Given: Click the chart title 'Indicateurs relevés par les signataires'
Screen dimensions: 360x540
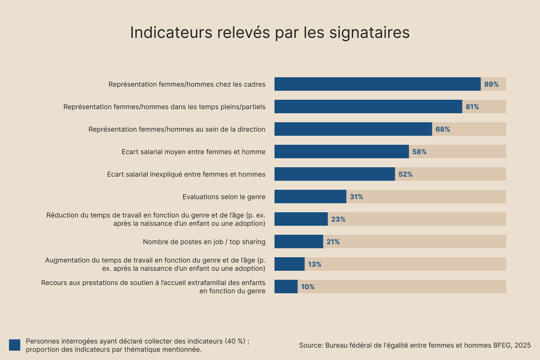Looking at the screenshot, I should pyautogui.click(x=270, y=33).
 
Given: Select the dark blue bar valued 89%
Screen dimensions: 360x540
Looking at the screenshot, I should pyautogui.click(x=377, y=84).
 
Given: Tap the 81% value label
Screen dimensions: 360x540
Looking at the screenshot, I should pyautogui.click(x=472, y=107).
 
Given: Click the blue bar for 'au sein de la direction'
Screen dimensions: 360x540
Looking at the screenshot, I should pyautogui.click(x=353, y=129).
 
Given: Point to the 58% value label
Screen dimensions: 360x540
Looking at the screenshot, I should pyautogui.click(x=419, y=152).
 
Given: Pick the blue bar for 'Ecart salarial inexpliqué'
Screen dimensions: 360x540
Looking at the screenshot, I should pyautogui.click(x=334, y=174).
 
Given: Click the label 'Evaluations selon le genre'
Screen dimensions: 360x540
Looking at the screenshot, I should pyautogui.click(x=224, y=197).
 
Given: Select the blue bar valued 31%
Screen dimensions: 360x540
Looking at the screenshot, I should pyautogui.click(x=310, y=196).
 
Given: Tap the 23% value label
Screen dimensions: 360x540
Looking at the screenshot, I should pyautogui.click(x=338, y=219).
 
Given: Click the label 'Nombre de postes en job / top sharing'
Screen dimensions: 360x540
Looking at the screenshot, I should pyautogui.click(x=204, y=242).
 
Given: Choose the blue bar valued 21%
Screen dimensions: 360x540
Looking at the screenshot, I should pyautogui.click(x=298, y=241).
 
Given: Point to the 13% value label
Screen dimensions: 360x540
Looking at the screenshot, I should pyautogui.click(x=315, y=264).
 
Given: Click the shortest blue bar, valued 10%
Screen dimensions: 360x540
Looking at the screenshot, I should pyautogui.click(x=286, y=286).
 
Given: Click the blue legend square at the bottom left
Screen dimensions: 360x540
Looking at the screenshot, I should pyautogui.click(x=15, y=345).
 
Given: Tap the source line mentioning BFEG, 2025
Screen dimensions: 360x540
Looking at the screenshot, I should pyautogui.click(x=415, y=345).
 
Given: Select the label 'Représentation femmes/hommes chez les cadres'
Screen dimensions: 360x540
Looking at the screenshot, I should pyautogui.click(x=187, y=84).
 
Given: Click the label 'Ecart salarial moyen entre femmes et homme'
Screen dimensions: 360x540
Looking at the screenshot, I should pyautogui.click(x=193, y=152).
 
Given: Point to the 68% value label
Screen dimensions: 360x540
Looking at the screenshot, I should pyautogui.click(x=442, y=129).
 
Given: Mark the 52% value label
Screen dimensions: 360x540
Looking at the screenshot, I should pyautogui.click(x=405, y=174).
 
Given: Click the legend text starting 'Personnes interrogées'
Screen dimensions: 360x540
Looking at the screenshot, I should pyautogui.click(x=137, y=345).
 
